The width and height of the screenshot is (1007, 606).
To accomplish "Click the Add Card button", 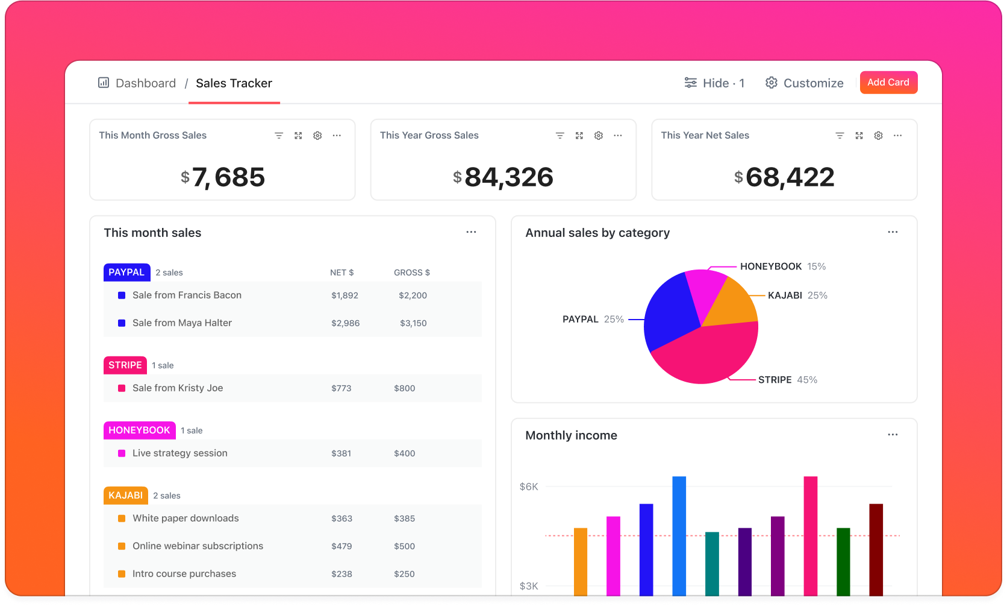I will (888, 83).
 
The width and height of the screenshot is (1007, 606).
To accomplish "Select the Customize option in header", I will (805, 83).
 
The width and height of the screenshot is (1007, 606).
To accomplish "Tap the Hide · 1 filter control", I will (715, 83).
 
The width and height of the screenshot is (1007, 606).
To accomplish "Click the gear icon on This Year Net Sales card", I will (878, 136).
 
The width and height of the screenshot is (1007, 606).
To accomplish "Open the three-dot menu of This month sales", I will (471, 232).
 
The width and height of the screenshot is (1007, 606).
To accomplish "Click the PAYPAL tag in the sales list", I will (126, 272).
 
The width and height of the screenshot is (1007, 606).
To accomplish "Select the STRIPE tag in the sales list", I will (125, 365).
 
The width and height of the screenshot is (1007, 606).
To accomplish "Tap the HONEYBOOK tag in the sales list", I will (139, 430).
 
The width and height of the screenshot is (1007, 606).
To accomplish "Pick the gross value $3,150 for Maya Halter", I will (413, 323).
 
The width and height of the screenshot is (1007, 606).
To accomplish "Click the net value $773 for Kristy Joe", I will (341, 388).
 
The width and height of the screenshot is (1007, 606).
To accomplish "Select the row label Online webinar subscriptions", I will (198, 546).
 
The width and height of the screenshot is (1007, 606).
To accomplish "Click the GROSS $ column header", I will (412, 273).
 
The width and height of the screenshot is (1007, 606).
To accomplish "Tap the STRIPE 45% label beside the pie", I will (787, 380).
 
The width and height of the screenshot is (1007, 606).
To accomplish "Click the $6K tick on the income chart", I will (529, 487).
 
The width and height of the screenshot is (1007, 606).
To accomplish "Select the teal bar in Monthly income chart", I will (712, 563).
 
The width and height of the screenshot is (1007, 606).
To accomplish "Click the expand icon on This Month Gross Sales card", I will (298, 136).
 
